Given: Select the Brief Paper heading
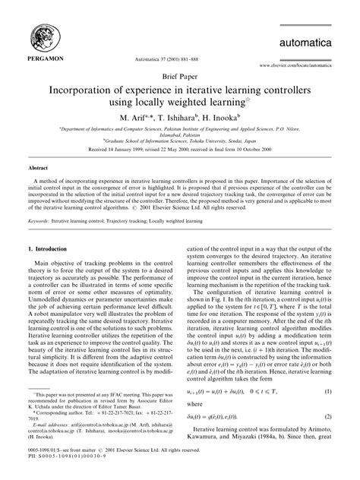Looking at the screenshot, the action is (180, 76).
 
